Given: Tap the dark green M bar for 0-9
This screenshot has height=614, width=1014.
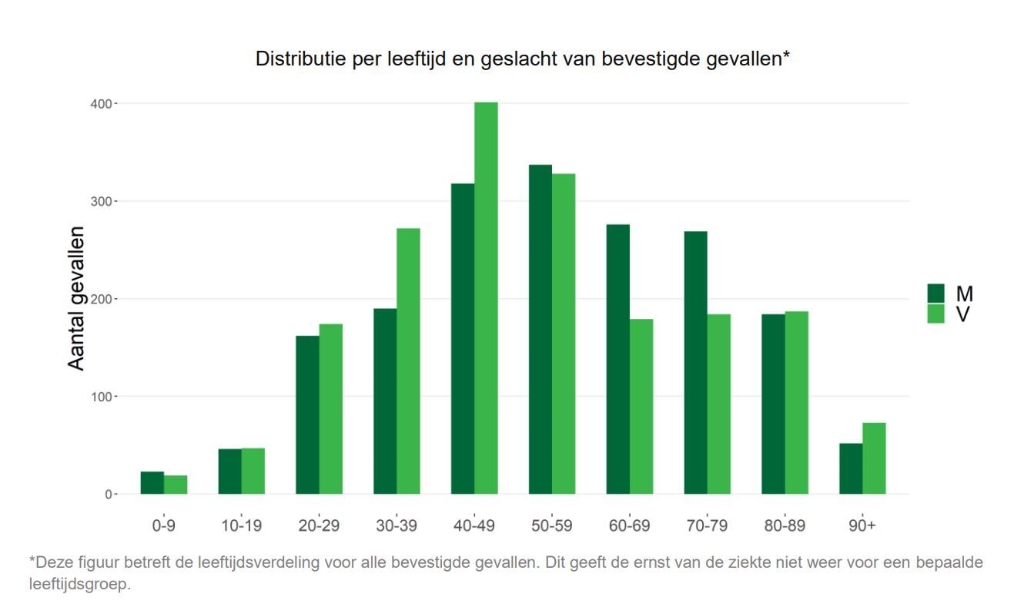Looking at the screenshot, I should (152, 483).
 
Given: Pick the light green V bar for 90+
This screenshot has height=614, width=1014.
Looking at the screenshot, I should (874, 458).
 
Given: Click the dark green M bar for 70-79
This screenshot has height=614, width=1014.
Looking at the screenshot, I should (695, 363).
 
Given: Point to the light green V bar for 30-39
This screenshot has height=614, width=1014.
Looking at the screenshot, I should (408, 361).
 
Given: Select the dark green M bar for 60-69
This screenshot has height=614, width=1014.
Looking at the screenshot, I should (617, 359).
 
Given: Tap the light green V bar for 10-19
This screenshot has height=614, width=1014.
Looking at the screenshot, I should (253, 471).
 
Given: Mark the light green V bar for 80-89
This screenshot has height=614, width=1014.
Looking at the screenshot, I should (797, 403).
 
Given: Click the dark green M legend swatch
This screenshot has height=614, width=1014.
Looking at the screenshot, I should (935, 294).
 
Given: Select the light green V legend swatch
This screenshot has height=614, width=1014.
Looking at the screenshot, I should (935, 314).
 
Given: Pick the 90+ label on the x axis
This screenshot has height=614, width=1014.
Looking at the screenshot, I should (862, 526).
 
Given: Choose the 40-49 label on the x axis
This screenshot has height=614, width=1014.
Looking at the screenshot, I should (474, 526).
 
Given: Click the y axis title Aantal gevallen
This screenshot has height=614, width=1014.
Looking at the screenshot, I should (77, 298).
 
